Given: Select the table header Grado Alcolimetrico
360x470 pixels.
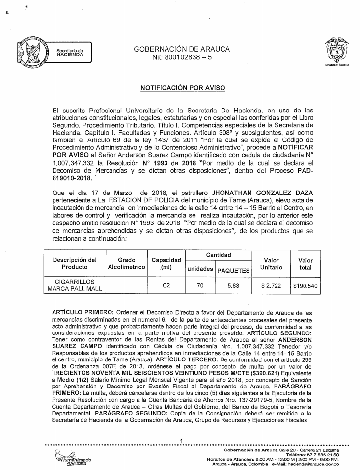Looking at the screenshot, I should (x=126, y=263).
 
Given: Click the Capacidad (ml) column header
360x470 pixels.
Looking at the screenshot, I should (x=167, y=263).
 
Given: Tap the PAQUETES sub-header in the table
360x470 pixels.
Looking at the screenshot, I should (x=233, y=270).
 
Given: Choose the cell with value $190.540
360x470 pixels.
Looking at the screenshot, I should (x=305, y=285).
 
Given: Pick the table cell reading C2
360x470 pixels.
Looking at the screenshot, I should (x=167, y=285).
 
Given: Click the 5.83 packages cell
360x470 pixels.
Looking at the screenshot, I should (x=233, y=285).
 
